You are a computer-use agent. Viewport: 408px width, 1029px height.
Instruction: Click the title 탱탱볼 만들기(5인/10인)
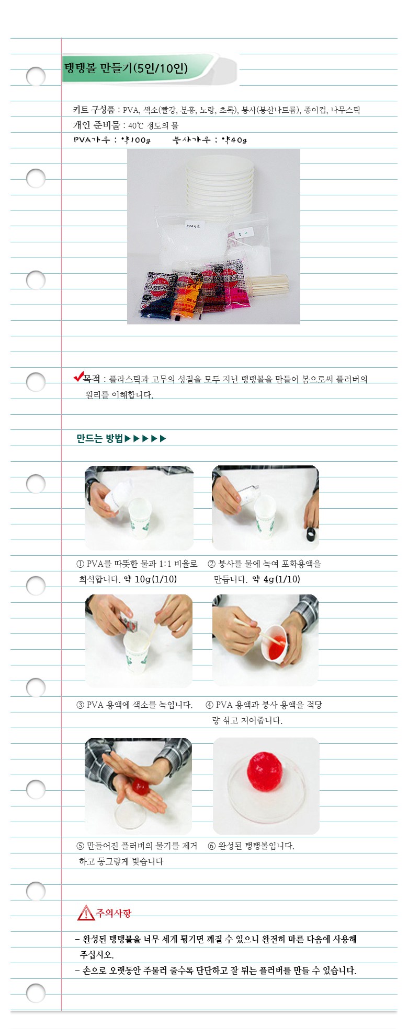point(126,68)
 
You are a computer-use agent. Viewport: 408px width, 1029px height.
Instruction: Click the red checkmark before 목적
point(78,377)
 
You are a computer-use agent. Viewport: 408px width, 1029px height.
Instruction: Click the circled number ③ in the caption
point(81,705)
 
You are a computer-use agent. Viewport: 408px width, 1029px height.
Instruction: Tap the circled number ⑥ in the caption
point(212,846)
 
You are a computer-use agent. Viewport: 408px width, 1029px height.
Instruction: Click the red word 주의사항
point(114,913)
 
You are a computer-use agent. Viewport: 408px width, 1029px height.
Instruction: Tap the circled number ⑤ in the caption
point(81,846)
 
